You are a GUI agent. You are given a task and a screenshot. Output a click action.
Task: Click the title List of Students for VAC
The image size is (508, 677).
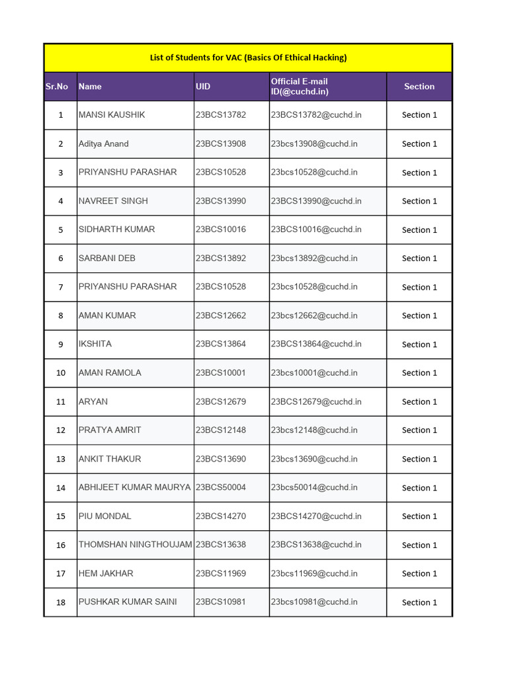(x=248, y=58)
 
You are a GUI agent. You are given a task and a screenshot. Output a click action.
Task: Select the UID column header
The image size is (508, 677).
(x=203, y=87)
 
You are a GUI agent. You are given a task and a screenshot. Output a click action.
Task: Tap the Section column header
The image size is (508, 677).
(x=419, y=87)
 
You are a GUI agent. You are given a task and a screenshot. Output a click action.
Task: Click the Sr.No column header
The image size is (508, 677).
(x=57, y=87)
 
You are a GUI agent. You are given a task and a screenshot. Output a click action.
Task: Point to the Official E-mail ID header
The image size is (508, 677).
(x=300, y=87)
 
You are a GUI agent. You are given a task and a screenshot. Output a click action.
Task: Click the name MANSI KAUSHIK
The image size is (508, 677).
(x=112, y=115)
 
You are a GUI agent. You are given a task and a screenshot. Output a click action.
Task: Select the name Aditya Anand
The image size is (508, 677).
(x=104, y=143)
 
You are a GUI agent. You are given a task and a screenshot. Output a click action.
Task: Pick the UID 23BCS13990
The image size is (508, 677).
(x=220, y=201)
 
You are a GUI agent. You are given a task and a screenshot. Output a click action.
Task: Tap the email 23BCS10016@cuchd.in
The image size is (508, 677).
(x=316, y=229)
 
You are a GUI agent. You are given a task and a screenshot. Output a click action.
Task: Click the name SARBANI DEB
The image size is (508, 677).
(x=107, y=259)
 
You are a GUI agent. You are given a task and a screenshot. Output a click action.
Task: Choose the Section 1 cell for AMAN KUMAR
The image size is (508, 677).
(x=419, y=316)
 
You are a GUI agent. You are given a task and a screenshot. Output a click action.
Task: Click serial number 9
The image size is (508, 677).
(x=61, y=344)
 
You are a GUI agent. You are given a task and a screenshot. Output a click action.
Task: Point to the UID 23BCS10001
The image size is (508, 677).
(x=220, y=373)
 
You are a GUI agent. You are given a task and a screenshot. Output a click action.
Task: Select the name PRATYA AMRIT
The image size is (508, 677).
(x=110, y=430)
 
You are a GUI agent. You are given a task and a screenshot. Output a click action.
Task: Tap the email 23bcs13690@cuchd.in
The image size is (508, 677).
(x=314, y=459)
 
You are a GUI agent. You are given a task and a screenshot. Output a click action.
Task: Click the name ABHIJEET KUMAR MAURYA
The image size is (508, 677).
(x=134, y=487)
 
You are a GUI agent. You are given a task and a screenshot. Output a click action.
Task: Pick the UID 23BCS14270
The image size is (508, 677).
(x=220, y=516)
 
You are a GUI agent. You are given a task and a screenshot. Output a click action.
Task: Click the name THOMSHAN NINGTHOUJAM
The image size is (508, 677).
(x=135, y=545)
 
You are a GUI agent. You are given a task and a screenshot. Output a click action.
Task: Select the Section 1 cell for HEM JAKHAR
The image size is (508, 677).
(x=419, y=574)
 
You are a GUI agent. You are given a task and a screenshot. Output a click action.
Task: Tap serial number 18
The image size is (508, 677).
(x=61, y=602)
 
